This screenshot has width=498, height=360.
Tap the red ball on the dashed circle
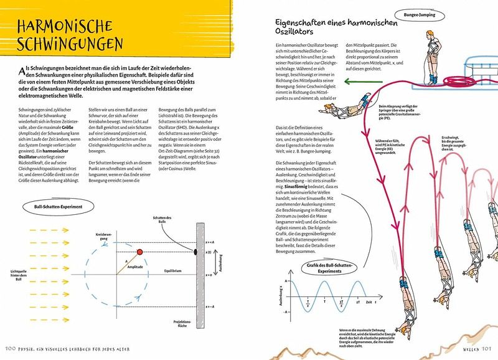pos(139,251)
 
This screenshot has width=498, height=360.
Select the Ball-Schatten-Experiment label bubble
pos(55,206)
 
